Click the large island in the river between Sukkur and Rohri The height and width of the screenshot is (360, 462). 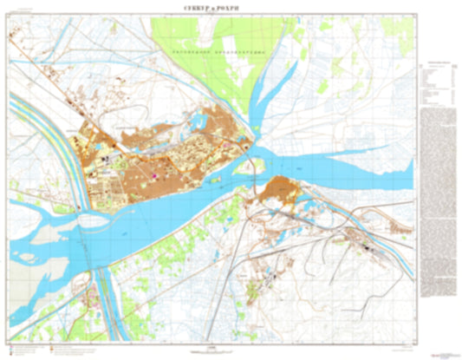[244, 161]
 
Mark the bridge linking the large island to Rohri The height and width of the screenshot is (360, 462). [257, 178]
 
